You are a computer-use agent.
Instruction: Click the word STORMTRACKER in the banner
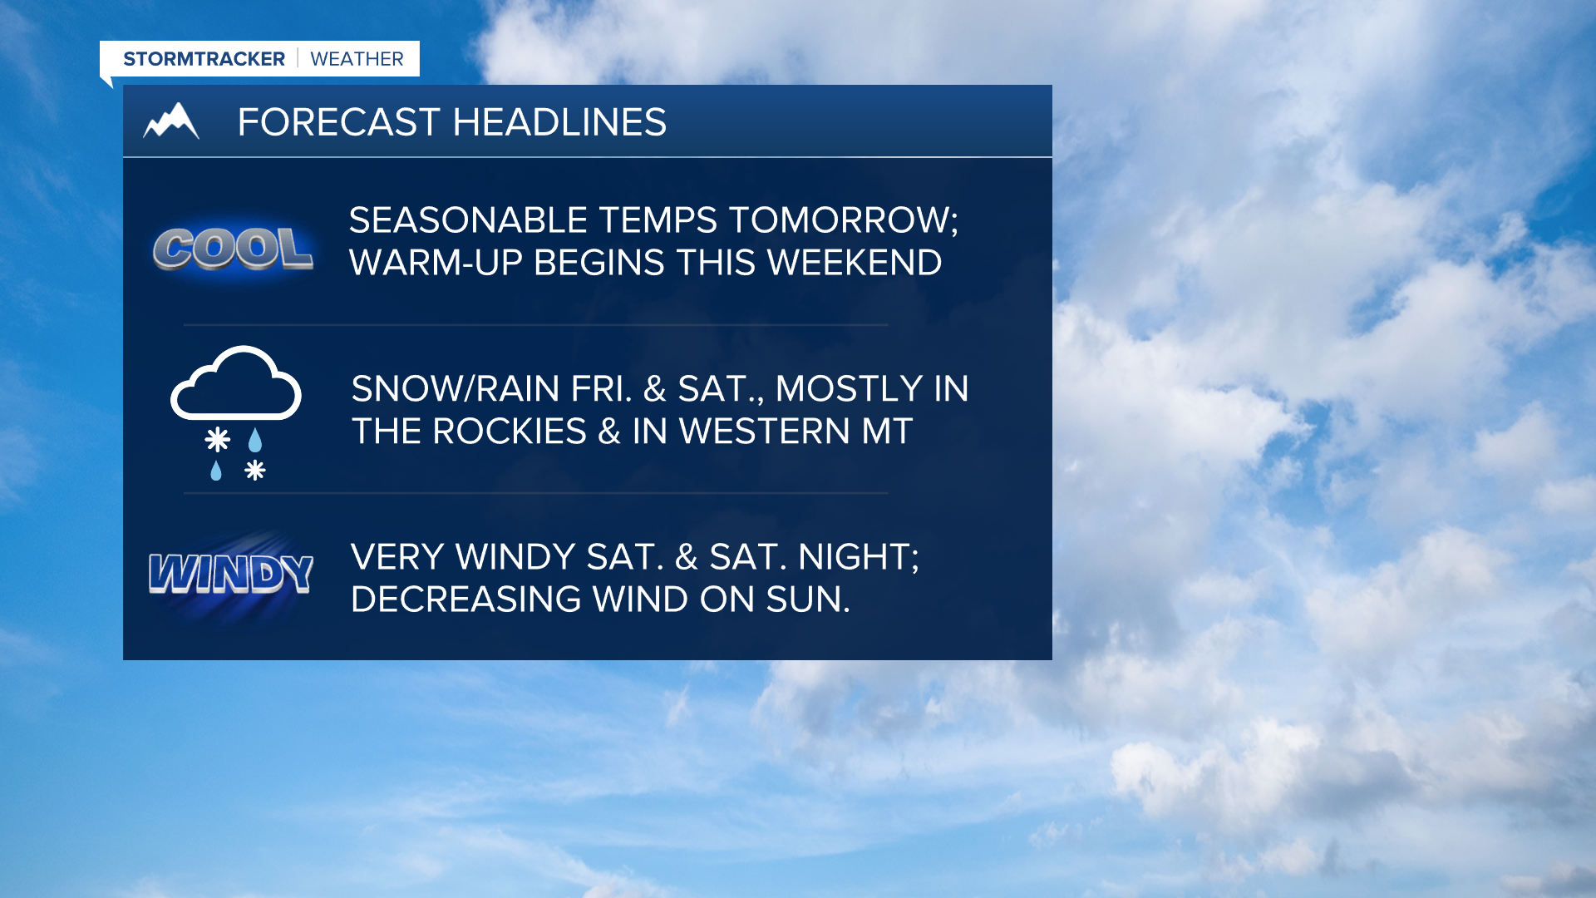204,59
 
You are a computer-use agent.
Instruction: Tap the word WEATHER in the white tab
357,59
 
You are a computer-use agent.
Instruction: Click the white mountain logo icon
171,121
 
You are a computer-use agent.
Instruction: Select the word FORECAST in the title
338,122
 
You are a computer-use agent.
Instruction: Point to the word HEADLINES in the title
559,122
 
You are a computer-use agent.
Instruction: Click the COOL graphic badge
234,249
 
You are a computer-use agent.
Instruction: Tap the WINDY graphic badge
231,575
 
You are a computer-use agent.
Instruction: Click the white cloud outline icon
236,383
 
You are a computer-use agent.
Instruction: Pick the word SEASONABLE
468,220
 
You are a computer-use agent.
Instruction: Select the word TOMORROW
844,220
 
